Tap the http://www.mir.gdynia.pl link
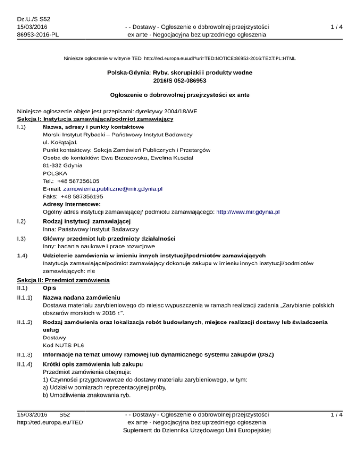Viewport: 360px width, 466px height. point(248,212)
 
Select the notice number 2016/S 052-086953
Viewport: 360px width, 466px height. point(180,81)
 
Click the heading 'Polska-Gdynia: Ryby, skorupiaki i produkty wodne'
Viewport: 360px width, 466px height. point(180,73)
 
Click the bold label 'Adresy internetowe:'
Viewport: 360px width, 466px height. point(69,204)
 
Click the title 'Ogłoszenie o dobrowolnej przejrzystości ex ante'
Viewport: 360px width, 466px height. point(180,95)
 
